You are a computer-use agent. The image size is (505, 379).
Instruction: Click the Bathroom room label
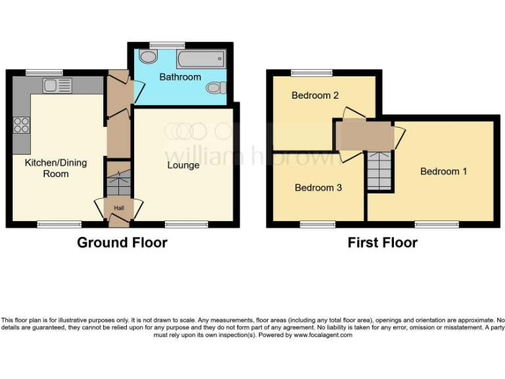click(180, 77)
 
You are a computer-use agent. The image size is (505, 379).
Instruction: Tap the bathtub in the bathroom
click(201, 61)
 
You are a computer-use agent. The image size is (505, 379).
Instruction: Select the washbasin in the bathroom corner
click(149, 58)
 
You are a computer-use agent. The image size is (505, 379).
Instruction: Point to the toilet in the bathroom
click(215, 88)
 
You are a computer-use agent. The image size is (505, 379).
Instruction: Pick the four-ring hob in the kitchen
click(21, 124)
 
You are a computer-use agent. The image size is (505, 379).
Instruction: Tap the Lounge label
click(183, 165)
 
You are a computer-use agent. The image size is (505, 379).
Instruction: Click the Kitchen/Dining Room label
click(56, 168)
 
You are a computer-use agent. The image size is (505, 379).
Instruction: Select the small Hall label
click(119, 209)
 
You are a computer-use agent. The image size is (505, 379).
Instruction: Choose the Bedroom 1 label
click(444, 171)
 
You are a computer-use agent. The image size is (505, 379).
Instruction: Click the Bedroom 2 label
click(315, 95)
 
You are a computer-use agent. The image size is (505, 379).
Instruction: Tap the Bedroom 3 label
click(318, 188)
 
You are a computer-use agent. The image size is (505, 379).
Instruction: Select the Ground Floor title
click(122, 242)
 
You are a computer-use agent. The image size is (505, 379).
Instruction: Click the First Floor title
click(383, 242)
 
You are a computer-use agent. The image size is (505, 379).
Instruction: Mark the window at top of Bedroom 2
click(312, 73)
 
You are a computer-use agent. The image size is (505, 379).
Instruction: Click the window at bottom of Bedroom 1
click(437, 224)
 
